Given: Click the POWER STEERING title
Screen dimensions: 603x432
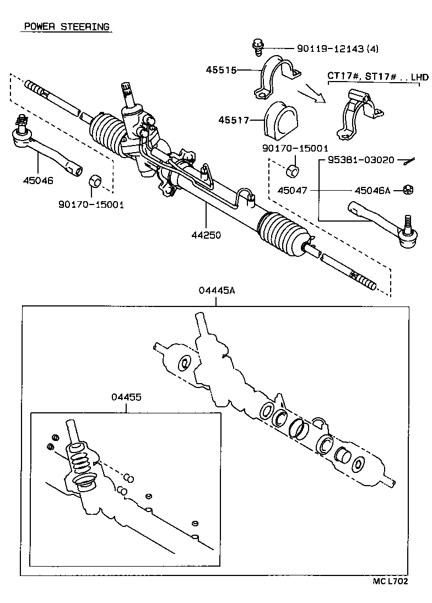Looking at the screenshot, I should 66,27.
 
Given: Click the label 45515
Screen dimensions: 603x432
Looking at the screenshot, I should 222,70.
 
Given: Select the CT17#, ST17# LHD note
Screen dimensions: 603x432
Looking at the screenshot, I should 377,77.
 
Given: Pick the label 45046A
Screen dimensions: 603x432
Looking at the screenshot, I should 372,190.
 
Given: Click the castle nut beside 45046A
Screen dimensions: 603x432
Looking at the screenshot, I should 408,190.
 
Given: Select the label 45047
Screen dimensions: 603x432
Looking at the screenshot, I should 292,190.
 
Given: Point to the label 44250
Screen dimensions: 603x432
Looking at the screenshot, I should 206,235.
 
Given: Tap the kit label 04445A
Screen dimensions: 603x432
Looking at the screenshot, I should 217,290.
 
